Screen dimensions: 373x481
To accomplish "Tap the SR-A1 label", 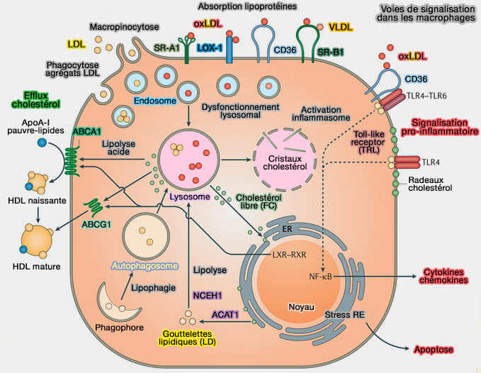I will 166,48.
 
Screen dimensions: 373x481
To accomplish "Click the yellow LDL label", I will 75,44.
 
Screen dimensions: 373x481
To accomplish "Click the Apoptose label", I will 432,350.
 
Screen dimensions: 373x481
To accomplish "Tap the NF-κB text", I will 322,276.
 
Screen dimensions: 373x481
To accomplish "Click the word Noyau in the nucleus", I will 301,306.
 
